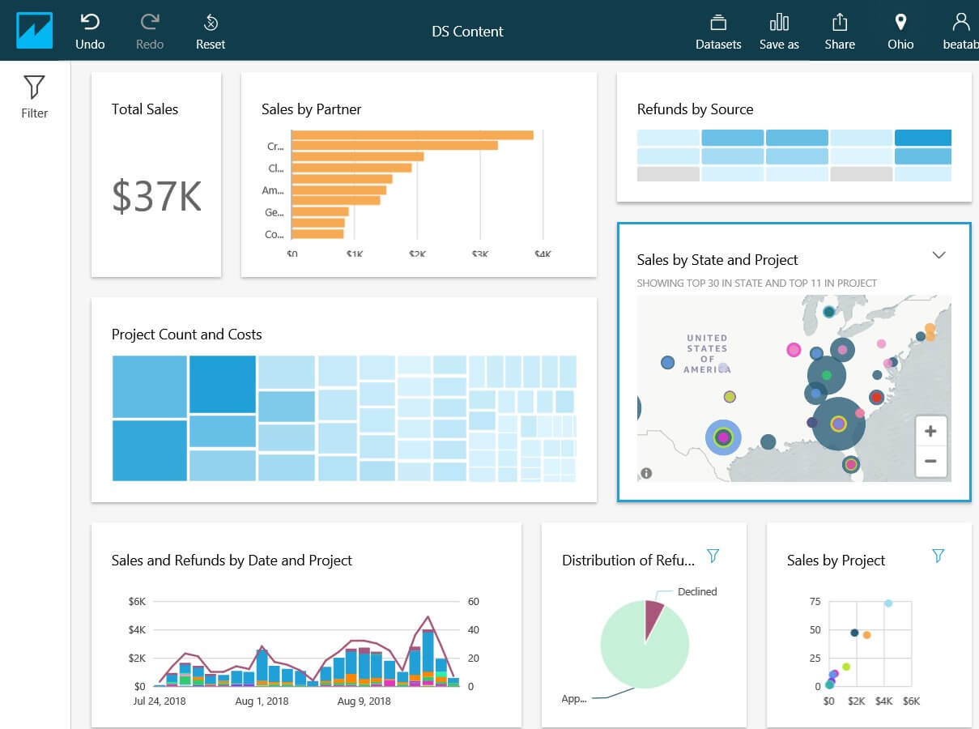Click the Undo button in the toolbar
pos(90,31)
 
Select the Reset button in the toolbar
pos(211,31)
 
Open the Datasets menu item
pos(718,31)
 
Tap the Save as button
pos(779,31)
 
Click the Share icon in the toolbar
pos(840,31)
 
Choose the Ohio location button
pos(900,31)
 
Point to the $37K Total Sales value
pos(156,197)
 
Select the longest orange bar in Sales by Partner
pos(412,134)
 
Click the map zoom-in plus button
pos(930,432)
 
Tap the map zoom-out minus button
pos(930,462)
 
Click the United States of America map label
pos(707,354)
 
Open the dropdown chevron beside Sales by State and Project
pos(939,255)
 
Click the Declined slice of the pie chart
pos(653,613)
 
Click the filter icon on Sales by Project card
pos(938,556)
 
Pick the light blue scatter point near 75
pos(888,603)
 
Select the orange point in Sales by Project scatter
pos(866,635)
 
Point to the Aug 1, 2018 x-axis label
pos(262,701)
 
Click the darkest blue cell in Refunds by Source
pos(922,138)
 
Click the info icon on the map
pos(646,474)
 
